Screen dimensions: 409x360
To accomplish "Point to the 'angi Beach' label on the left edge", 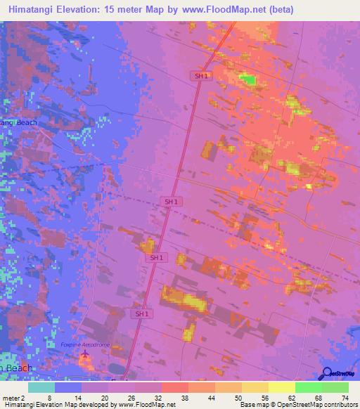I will pyautogui.click(x=19, y=122).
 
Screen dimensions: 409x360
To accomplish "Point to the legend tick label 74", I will pyautogui.click(x=344, y=397).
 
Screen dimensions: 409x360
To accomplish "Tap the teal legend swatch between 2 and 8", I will pyautogui.click(x=41, y=387).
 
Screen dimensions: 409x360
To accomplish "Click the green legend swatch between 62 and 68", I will pyautogui.click(x=308, y=387).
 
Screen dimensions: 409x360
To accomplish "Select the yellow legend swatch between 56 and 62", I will pyautogui.click(x=281, y=387).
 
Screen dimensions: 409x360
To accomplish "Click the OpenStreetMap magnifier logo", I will pyautogui.click(x=326, y=373).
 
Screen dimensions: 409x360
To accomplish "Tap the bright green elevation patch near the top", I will pyautogui.click(x=248, y=79).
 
